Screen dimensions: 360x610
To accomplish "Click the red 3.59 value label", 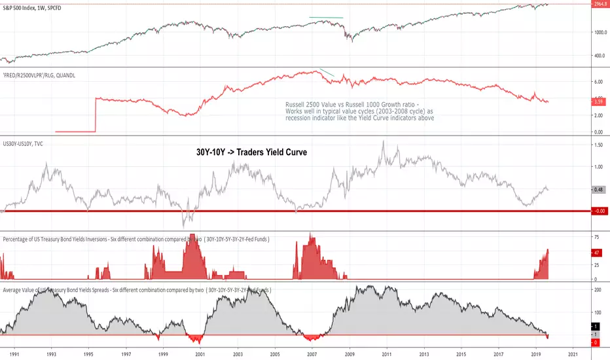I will (x=596, y=101).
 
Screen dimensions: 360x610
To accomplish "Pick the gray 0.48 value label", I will (x=596, y=190).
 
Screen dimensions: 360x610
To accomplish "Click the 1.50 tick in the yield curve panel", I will (x=596, y=145).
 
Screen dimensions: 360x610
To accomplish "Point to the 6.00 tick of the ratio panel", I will (x=596, y=82).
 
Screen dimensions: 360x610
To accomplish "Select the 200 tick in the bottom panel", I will (x=596, y=290).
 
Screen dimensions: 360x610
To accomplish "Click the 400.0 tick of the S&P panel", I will (x=596, y=56).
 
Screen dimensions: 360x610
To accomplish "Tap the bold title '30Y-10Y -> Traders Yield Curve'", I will (x=251, y=152).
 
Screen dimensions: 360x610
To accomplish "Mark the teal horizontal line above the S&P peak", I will (x=326, y=17).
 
